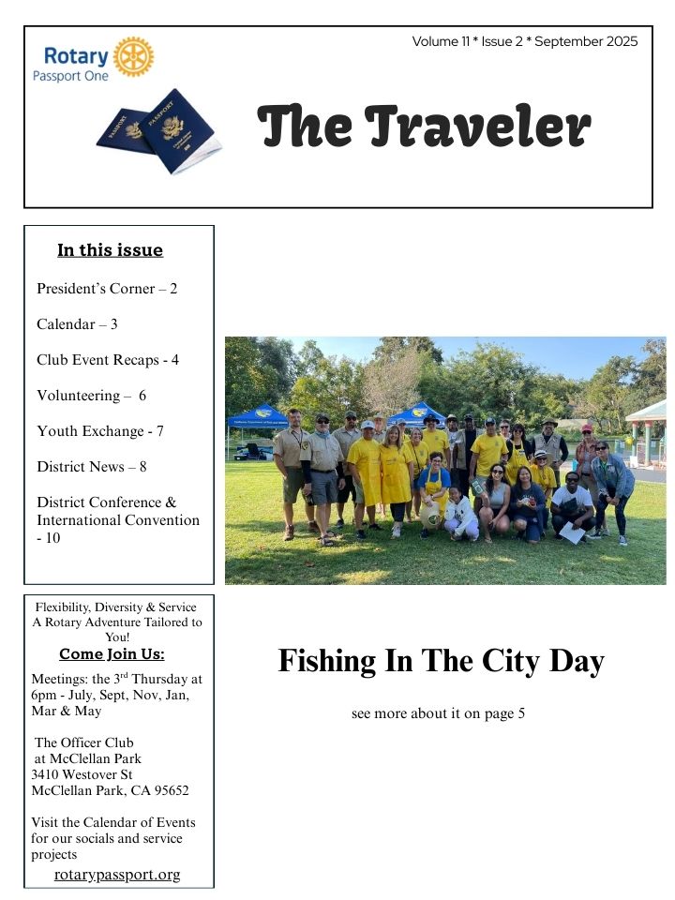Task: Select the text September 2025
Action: pyautogui.click(x=587, y=41)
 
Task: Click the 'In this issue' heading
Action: pyautogui.click(x=110, y=250)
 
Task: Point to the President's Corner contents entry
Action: pyautogui.click(x=107, y=289)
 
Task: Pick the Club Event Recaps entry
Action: pyautogui.click(x=108, y=360)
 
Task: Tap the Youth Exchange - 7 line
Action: pyautogui.click(x=100, y=431)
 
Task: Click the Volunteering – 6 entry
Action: pyautogui.click(x=92, y=396)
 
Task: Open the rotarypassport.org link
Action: pyautogui.click(x=117, y=875)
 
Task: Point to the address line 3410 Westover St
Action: pyautogui.click(x=82, y=775)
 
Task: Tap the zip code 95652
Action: pyautogui.click(x=169, y=790)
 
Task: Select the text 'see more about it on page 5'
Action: pyautogui.click(x=438, y=714)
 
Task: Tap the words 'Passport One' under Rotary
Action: pyautogui.click(x=70, y=75)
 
